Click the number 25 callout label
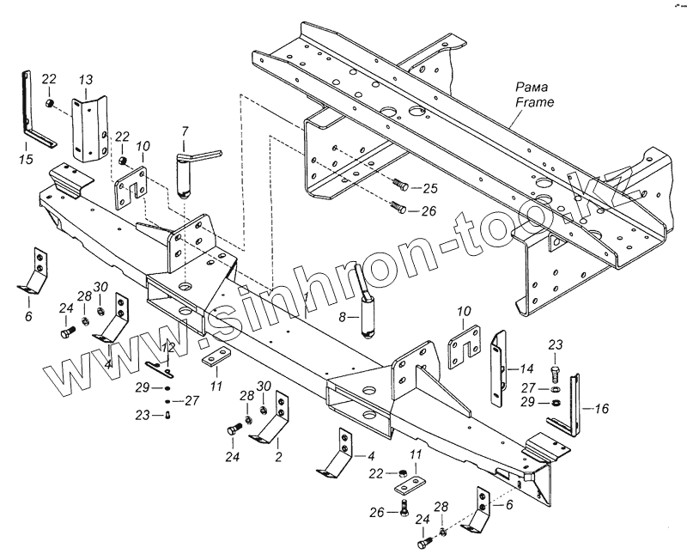(x=430, y=188)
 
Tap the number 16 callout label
(x=601, y=409)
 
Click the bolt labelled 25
(x=402, y=185)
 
